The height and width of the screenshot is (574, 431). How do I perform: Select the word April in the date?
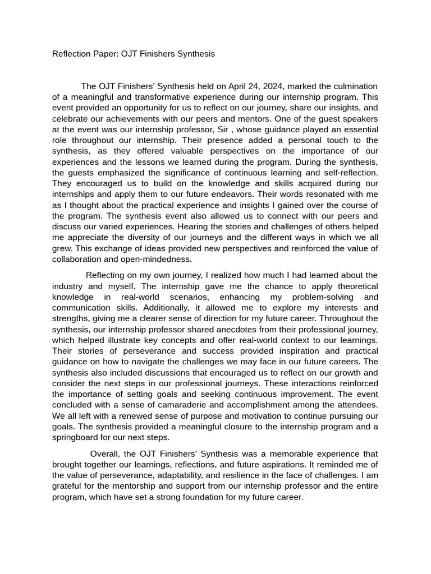(x=241, y=86)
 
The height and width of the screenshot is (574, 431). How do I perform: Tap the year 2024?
(x=272, y=86)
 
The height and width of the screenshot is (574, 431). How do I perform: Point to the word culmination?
(x=352, y=86)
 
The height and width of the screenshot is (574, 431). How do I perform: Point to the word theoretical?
(x=355, y=286)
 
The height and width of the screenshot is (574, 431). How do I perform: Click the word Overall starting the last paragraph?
(x=104, y=454)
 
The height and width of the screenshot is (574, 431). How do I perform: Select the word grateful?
(x=68, y=487)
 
